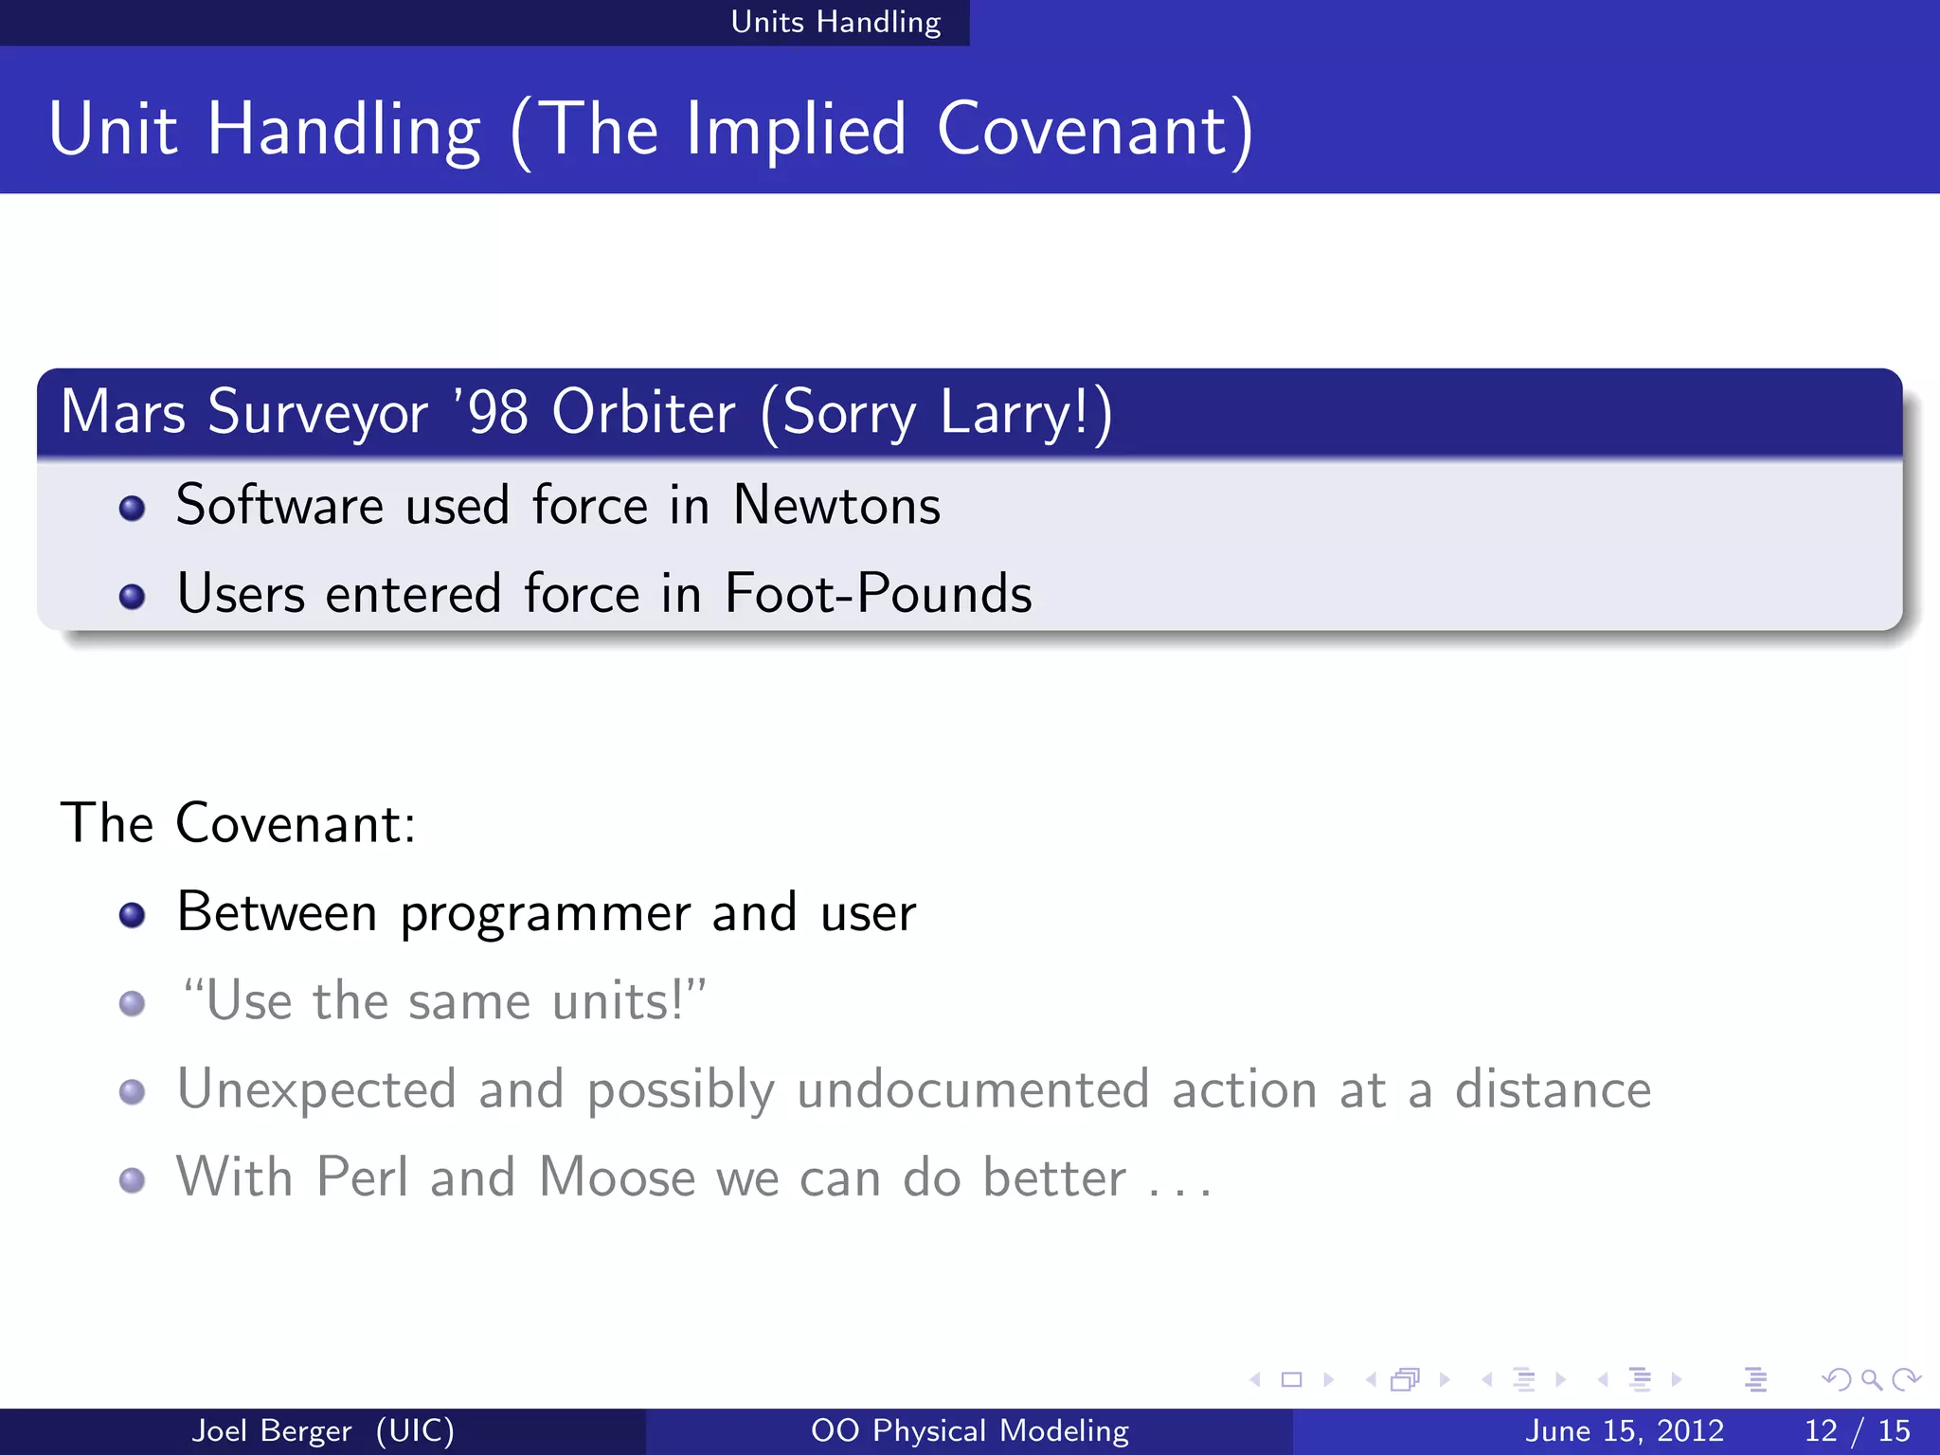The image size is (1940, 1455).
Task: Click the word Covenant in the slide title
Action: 1083,130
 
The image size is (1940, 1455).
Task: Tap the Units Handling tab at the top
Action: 835,22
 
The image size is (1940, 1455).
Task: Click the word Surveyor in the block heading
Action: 317,413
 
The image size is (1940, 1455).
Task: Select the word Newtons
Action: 836,505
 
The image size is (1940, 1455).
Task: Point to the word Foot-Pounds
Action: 878,594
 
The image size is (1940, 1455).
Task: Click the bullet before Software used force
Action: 132,509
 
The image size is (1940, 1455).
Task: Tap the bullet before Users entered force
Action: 132,597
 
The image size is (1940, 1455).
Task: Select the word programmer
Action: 545,914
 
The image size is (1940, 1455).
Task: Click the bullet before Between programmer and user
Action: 132,914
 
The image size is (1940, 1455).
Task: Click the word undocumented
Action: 973,1089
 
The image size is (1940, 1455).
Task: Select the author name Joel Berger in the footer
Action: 272,1430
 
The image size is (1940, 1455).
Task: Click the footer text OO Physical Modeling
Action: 969,1430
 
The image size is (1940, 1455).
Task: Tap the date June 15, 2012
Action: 1624,1430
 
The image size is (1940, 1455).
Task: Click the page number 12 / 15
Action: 1857,1430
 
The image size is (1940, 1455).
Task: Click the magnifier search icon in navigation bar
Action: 1871,1379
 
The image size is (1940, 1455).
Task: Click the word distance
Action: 1553,1089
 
